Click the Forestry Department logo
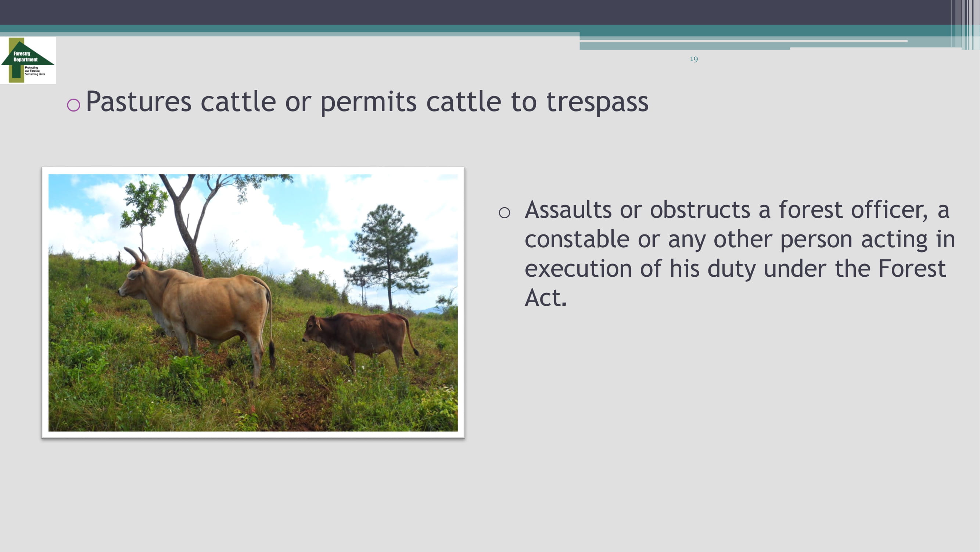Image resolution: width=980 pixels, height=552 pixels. (28, 60)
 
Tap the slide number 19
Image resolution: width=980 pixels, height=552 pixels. (693, 59)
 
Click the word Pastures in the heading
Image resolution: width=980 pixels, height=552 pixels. (139, 102)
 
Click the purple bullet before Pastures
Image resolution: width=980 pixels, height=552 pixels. (73, 105)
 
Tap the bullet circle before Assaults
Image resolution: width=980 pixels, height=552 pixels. (505, 213)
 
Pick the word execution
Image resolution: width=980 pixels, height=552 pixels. (578, 269)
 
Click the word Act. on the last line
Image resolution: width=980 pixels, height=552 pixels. (546, 297)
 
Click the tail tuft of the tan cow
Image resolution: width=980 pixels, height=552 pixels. (272, 354)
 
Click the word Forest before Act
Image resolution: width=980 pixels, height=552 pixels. (912, 269)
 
